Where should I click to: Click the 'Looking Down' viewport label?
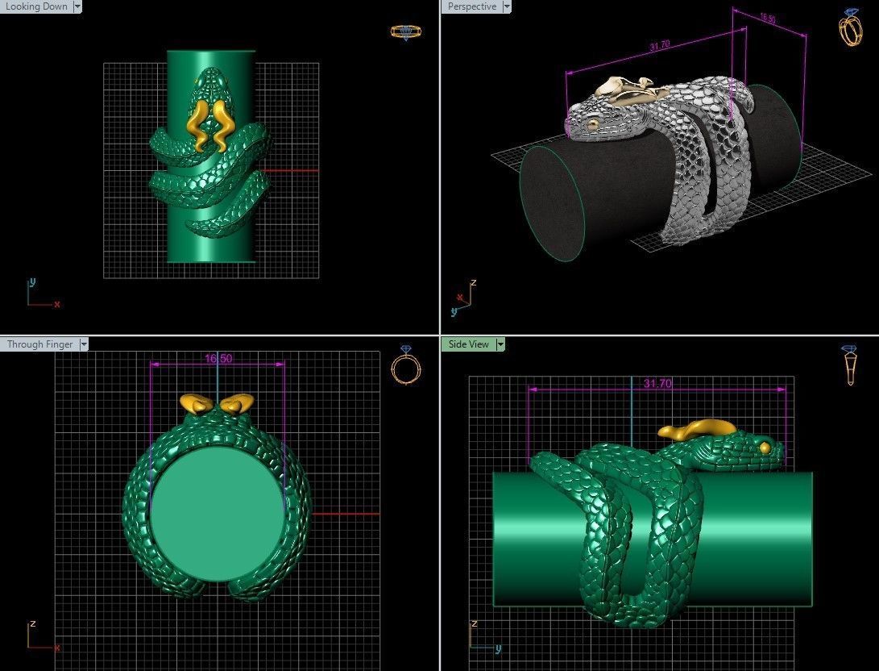tap(36, 6)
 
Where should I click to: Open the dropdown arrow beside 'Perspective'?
tap(507, 6)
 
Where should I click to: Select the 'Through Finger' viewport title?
tap(39, 344)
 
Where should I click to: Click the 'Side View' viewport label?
tap(468, 344)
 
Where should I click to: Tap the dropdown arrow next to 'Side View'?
tap(500, 344)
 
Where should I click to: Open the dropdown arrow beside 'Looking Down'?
tap(77, 6)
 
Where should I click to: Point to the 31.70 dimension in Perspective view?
tap(659, 46)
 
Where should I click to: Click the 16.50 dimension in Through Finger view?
tap(218, 358)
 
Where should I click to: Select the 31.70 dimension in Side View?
tap(657, 383)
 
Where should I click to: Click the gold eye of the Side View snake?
tap(765, 448)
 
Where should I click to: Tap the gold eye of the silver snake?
tap(594, 123)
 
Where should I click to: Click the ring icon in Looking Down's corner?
tap(401, 32)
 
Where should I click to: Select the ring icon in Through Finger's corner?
tap(405, 365)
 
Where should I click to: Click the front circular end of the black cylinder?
tap(553, 203)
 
